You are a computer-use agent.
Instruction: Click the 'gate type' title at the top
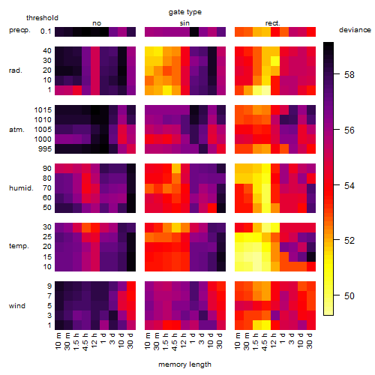[185, 12]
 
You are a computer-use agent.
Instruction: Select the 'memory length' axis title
[184, 364]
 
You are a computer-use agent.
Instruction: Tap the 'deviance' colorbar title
[355, 30]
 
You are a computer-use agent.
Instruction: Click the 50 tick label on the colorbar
[349, 296]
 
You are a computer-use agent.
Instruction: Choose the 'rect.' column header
[273, 23]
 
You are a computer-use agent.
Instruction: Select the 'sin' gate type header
[184, 23]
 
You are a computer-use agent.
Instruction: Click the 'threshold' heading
[42, 18]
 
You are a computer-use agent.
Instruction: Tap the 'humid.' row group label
[21, 188]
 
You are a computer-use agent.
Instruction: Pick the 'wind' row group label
[17, 306]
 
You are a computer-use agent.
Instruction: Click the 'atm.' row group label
[16, 130]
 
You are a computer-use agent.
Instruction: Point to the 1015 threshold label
[43, 110]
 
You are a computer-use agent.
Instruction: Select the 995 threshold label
[45, 149]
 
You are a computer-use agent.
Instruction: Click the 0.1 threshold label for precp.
[46, 31]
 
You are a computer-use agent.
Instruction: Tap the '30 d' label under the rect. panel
[310, 340]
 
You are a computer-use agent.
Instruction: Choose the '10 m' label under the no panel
[58, 340]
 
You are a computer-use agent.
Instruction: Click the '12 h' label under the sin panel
[184, 340]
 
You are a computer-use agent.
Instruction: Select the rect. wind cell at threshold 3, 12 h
[275, 315]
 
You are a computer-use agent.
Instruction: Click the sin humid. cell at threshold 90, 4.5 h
[176, 169]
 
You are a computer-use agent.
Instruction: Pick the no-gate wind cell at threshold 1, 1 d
[104, 325]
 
